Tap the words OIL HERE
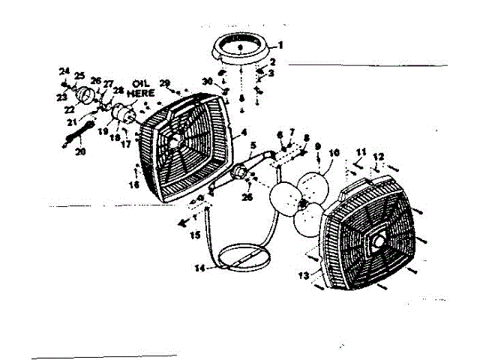[142, 88]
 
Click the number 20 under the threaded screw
[81, 151]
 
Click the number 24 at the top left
[64, 71]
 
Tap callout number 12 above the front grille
[379, 156]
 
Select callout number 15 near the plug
[196, 235]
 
